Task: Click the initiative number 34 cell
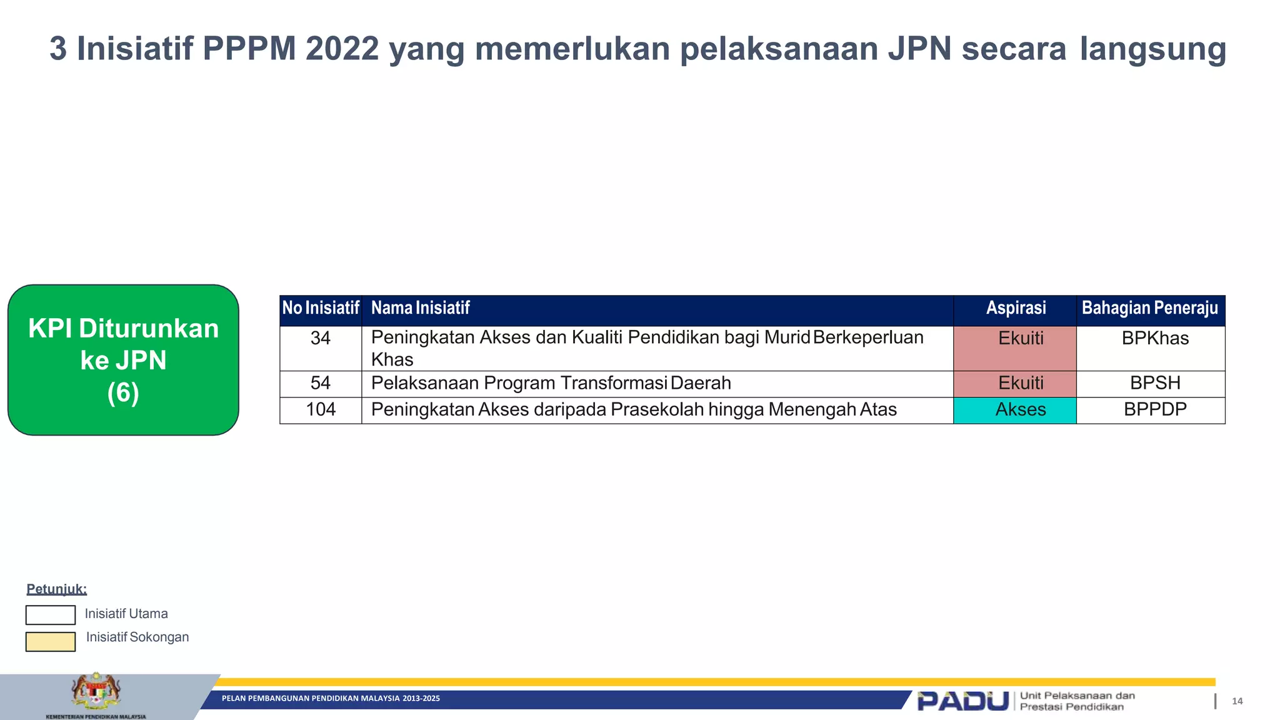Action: click(x=320, y=348)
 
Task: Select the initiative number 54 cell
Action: click(x=320, y=383)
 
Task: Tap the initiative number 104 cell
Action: click(x=320, y=410)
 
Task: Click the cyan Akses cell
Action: click(x=1014, y=410)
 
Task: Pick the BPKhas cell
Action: click(x=1151, y=348)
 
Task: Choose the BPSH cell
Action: click(x=1151, y=383)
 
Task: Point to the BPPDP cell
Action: click(x=1151, y=410)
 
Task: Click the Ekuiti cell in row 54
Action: click(x=1014, y=383)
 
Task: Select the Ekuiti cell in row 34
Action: click(x=1014, y=348)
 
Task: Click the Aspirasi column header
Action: click(x=1016, y=309)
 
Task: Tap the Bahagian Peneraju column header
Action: click(x=1150, y=309)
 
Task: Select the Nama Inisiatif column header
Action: click(x=421, y=309)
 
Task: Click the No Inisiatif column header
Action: click(x=321, y=309)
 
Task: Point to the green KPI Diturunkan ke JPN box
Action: click(x=123, y=360)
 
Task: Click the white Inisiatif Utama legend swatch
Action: click(x=51, y=615)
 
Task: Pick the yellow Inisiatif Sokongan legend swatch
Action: click(x=51, y=642)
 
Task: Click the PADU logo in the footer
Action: click(x=962, y=701)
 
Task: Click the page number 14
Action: click(x=1237, y=701)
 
